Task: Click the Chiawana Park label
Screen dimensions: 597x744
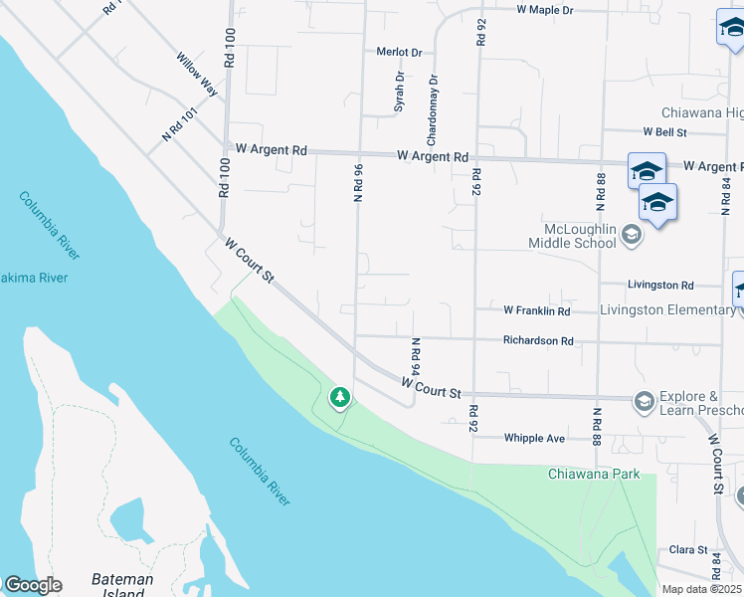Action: click(x=594, y=474)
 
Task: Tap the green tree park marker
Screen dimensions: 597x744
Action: click(x=340, y=398)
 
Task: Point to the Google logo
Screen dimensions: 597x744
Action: click(x=32, y=585)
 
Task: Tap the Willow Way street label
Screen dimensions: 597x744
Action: click(x=197, y=74)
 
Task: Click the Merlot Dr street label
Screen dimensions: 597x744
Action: click(x=399, y=53)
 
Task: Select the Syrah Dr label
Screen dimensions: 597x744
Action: click(x=400, y=91)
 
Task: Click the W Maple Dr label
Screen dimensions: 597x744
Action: click(x=545, y=10)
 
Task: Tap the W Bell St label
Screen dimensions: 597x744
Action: click(x=665, y=131)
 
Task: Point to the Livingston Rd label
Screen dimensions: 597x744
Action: click(x=660, y=285)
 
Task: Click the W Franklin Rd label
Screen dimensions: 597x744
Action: click(x=536, y=311)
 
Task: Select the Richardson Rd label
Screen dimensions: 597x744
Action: click(x=538, y=340)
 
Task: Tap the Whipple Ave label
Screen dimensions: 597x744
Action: click(x=534, y=438)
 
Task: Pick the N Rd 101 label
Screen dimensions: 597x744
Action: click(x=181, y=124)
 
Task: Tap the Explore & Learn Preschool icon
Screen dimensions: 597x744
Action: click(x=644, y=401)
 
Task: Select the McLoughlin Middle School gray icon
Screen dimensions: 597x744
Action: click(x=630, y=236)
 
